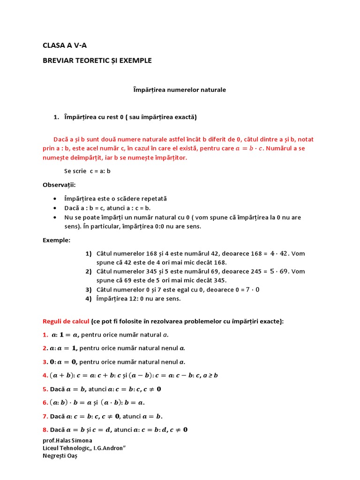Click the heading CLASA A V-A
[x=65, y=45]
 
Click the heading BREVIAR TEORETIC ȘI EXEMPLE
[x=97, y=60]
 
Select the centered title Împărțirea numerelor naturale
[x=180, y=90]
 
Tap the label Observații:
[x=59, y=185]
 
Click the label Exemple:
[x=56, y=240]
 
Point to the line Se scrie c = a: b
[x=87, y=171]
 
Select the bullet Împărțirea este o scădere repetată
[x=115, y=199]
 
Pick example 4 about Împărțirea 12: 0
[x=138, y=299]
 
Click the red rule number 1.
[x=45, y=335]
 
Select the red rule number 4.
[x=45, y=375]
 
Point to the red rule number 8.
[x=45, y=429]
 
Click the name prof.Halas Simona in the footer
[x=67, y=441]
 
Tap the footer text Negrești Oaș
[x=60, y=456]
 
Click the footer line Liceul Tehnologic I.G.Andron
[x=84, y=448]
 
